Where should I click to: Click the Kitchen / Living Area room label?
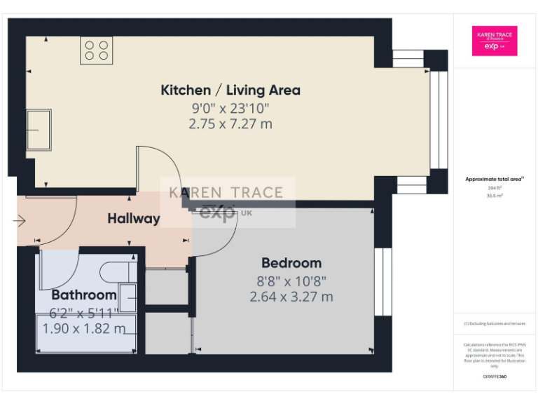pos(230,90)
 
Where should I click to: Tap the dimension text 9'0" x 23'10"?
pos(230,108)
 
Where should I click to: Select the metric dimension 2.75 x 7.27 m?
pos(230,124)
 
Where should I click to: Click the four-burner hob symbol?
pos(97,50)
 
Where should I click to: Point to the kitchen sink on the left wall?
pos(39,129)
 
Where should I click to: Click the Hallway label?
pos(134,219)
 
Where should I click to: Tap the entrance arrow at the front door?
pos(19,222)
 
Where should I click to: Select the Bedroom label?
pos(291,263)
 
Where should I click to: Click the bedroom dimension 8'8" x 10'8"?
pos(291,281)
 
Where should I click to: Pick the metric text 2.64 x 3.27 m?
pos(291,297)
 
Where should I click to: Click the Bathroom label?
pos(83,295)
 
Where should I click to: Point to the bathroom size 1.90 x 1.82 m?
pos(84,328)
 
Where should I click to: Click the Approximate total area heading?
pos(495,179)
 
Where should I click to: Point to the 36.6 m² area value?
pos(495,196)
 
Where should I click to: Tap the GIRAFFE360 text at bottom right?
pos(495,377)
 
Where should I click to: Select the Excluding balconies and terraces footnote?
pos(495,323)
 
